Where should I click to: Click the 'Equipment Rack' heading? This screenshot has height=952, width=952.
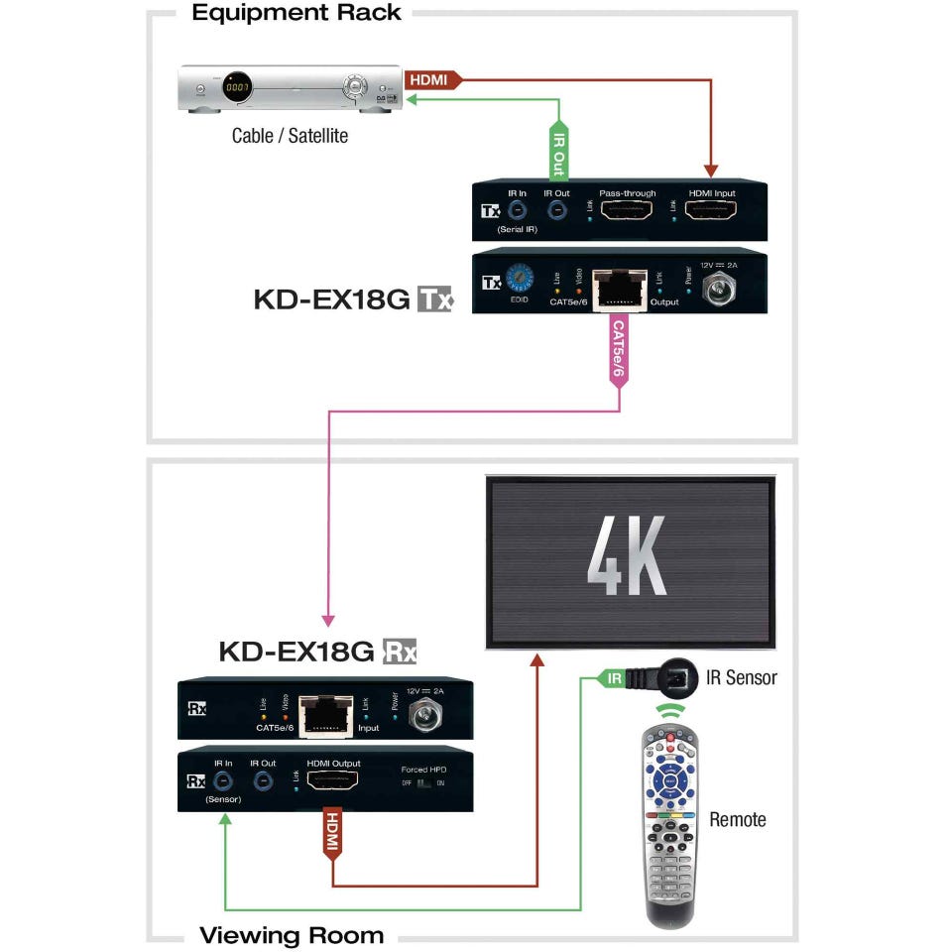tap(296, 13)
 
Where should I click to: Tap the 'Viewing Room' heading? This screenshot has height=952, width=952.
tap(292, 935)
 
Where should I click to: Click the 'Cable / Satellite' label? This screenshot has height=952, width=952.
tap(290, 136)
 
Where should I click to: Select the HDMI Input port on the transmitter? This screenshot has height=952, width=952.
tap(710, 210)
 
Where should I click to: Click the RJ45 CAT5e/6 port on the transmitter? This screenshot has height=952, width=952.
tap(622, 289)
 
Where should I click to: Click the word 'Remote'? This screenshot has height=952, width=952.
tap(738, 819)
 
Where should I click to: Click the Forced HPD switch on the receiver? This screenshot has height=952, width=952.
tap(425, 783)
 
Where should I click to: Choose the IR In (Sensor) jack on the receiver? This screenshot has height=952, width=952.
tap(223, 781)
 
